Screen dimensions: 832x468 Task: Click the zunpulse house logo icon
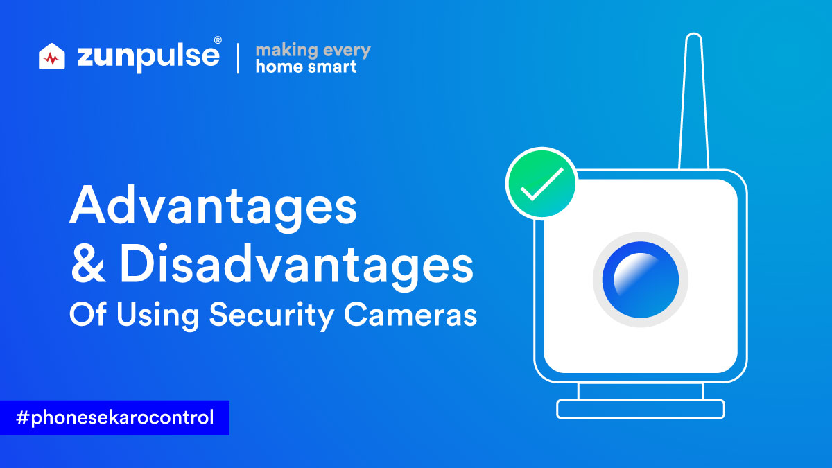[51, 56]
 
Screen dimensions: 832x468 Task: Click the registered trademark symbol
[218, 40]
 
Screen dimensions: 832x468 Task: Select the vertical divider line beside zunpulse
[238, 58]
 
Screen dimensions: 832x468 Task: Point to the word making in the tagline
[286, 50]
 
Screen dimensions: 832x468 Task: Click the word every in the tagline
[347, 51]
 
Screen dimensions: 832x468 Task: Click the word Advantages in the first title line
[214, 208]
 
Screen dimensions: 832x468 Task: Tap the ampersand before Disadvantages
[88, 263]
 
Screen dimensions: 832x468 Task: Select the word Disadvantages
[297, 268]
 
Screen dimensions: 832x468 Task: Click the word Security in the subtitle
[272, 315]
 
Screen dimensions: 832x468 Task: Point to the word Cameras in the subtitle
[410, 315]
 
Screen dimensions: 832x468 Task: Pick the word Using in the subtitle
[158, 315]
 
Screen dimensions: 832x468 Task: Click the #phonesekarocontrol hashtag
[115, 417]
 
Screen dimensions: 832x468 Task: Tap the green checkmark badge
[541, 182]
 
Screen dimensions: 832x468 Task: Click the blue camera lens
[641, 279]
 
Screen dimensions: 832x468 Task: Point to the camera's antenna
[693, 101]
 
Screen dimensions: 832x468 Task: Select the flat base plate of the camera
[641, 409]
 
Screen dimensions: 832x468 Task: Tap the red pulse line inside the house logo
[51, 59]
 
